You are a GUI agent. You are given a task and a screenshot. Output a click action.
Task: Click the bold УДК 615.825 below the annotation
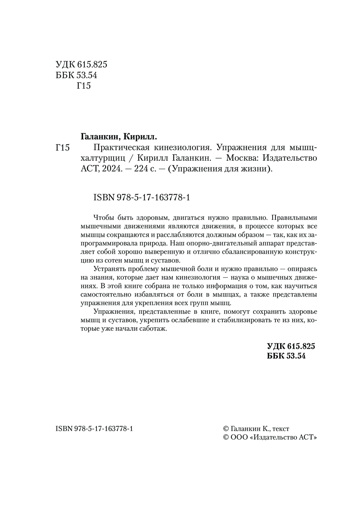click(291, 346)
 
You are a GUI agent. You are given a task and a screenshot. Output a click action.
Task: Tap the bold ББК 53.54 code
click(286, 356)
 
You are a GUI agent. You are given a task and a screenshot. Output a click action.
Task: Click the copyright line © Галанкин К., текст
click(256, 429)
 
